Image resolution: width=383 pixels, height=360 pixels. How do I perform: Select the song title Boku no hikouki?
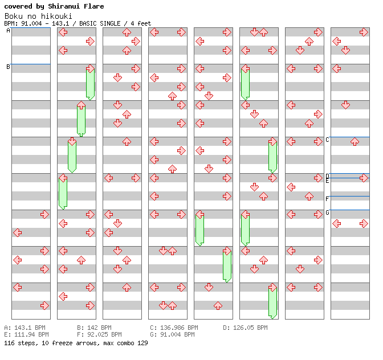pos(38,16)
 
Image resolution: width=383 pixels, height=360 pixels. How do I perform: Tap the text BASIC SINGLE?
pos(99,23)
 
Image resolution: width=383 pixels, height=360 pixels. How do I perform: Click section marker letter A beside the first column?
pos(8,31)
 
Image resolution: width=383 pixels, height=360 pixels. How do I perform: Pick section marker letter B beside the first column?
pos(8,67)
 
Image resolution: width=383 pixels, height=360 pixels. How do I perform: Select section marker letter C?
pos(327,140)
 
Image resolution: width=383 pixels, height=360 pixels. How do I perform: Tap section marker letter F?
pos(327,199)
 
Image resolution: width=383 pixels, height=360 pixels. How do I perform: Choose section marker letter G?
pos(327,212)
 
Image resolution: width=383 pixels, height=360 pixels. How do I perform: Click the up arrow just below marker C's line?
pos(355,142)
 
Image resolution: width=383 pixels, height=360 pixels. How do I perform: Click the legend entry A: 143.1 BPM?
pos(25,328)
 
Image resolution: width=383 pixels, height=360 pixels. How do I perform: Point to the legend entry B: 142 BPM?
pos(94,328)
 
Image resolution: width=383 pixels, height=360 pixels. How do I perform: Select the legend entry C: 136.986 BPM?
pos(174,328)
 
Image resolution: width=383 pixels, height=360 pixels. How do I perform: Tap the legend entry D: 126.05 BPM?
pos(245,328)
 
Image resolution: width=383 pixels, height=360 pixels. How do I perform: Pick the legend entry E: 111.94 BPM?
pos(26,334)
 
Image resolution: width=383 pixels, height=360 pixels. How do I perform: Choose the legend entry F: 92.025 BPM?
pos(99,334)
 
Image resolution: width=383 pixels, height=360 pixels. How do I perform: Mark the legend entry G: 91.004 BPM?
pos(172,334)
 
